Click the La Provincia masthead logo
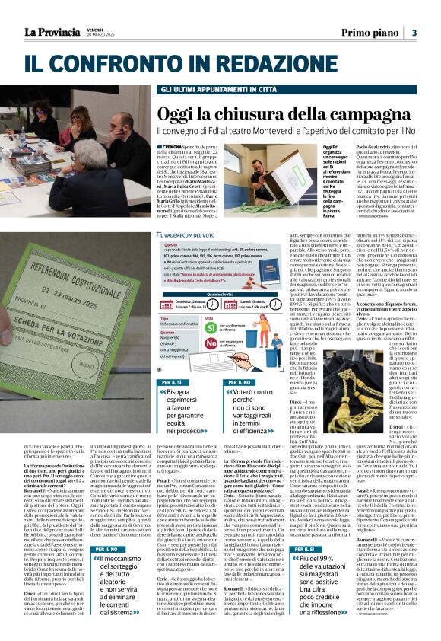pyautogui.click(x=52, y=32)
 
